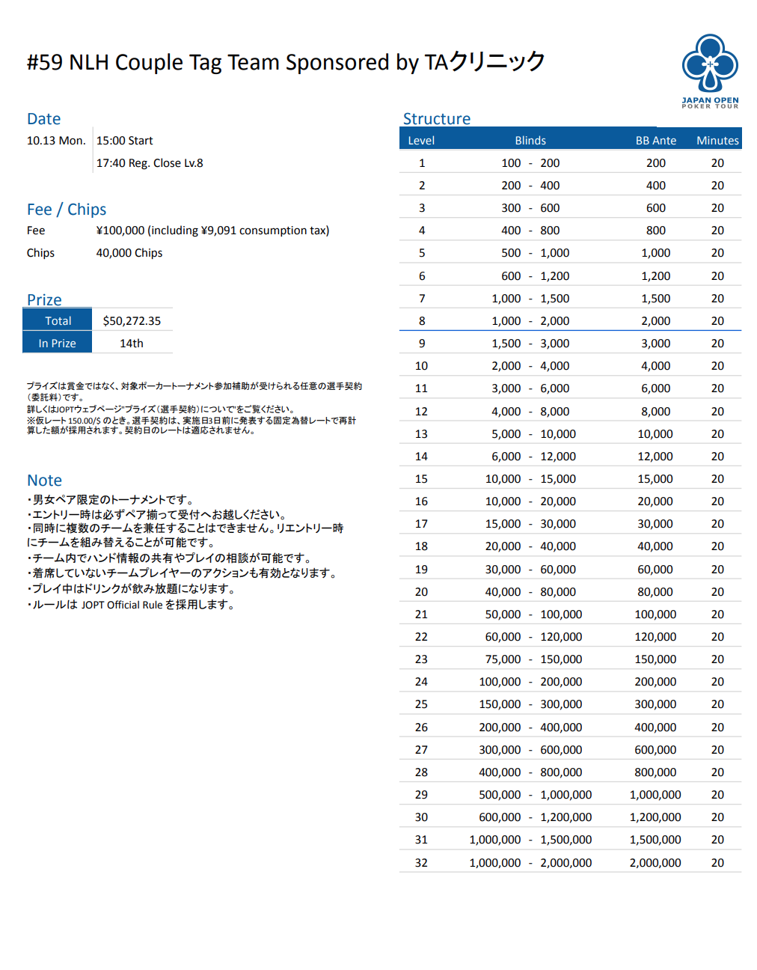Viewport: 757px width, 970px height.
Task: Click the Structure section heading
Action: (x=437, y=119)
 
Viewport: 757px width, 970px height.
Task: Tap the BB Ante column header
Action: (x=655, y=141)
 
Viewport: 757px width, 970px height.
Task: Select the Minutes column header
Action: (x=717, y=141)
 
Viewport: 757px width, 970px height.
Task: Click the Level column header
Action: (x=421, y=141)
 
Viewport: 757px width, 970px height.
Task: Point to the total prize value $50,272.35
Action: (x=132, y=321)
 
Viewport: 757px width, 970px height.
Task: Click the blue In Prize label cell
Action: (x=58, y=344)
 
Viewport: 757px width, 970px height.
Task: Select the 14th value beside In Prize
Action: (x=132, y=344)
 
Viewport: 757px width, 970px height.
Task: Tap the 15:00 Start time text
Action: (x=124, y=141)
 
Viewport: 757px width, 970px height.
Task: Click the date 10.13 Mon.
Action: (x=56, y=141)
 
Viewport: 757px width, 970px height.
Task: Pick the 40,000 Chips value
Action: (x=129, y=253)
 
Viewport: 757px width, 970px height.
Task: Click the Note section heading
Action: (x=44, y=481)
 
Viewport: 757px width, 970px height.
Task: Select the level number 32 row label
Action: (x=421, y=863)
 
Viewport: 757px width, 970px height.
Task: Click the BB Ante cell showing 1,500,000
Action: (x=655, y=840)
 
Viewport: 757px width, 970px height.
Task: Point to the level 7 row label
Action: (x=422, y=299)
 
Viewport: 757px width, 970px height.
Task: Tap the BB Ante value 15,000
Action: (x=655, y=479)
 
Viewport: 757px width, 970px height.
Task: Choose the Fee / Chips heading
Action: (x=67, y=210)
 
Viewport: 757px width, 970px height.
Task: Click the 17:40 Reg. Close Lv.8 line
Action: (x=150, y=163)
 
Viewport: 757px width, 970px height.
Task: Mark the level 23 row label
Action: (x=421, y=659)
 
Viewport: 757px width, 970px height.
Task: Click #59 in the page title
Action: (x=45, y=63)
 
